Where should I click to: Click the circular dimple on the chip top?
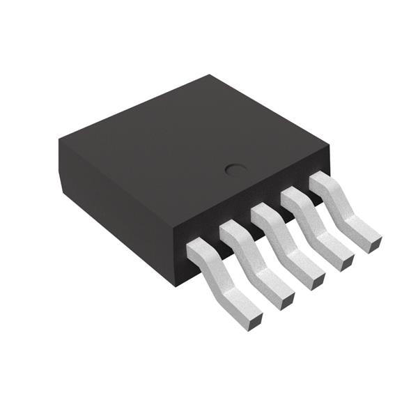point(235,169)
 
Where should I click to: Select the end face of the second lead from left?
point(287,300)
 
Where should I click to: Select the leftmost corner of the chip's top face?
point(59,141)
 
